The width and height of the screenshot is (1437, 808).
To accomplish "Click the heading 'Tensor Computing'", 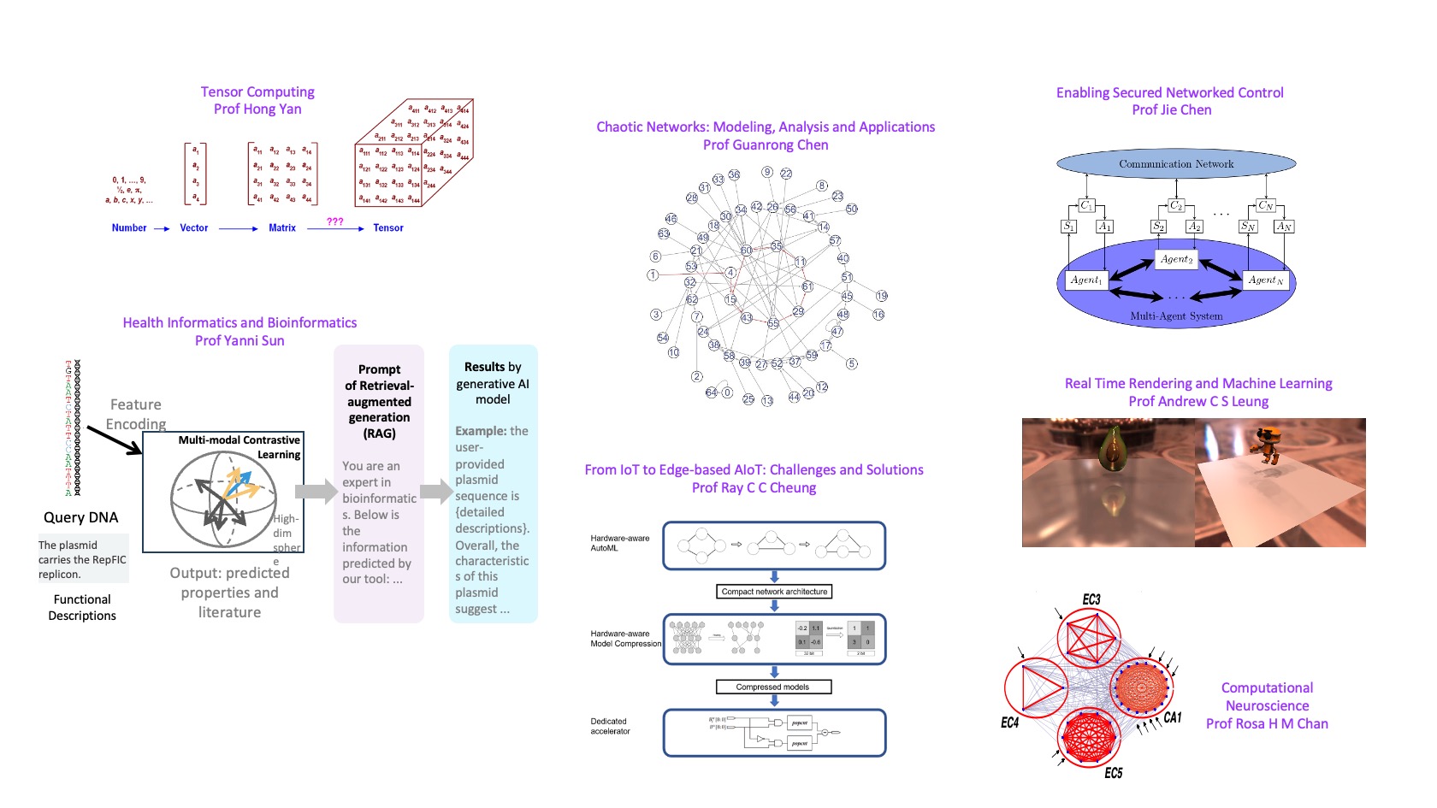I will [x=257, y=91].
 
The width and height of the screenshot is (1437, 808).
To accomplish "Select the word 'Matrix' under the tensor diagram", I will [x=282, y=228].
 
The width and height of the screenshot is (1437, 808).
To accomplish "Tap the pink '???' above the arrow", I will [x=335, y=221].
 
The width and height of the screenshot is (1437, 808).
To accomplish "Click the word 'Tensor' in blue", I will [x=388, y=228].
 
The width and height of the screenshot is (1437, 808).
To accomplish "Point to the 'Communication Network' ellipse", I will [x=1176, y=164].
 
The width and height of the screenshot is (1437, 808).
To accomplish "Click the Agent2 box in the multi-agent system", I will [x=1177, y=259].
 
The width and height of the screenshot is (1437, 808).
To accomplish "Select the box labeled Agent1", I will [x=1086, y=280].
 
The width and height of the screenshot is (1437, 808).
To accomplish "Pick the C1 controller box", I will [x=1086, y=205].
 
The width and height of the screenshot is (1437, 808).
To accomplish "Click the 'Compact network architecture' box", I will [x=774, y=592].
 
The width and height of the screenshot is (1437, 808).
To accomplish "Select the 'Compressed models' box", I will [x=772, y=687].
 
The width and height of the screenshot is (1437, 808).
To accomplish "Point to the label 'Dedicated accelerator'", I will [x=610, y=726].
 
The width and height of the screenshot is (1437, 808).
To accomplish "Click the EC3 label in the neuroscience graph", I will [x=1091, y=599].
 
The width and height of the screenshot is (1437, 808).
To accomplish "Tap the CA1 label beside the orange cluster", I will [x=1173, y=717].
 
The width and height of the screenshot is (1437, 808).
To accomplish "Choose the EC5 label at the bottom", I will [x=1113, y=773].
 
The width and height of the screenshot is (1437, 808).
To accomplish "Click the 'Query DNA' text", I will [x=81, y=517].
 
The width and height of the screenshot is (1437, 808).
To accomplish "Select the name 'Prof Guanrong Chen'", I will [x=766, y=144].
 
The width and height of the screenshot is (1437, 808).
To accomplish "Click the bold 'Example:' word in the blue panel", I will [x=480, y=431].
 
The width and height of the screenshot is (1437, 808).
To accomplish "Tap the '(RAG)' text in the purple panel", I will [x=379, y=433].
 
